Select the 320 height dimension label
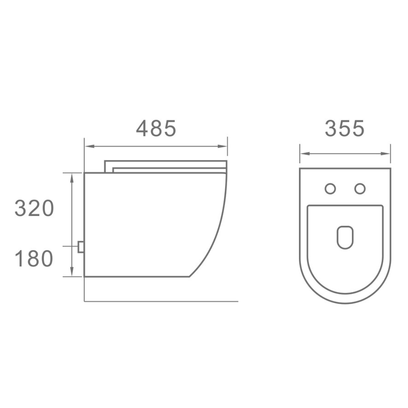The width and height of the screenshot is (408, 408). tap(34, 208)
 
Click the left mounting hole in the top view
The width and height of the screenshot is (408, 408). tap(330, 188)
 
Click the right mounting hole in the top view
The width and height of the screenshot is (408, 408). tap(360, 188)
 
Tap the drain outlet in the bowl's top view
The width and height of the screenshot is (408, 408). tap(345, 237)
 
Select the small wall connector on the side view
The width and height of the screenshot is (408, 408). tap(81, 247)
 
